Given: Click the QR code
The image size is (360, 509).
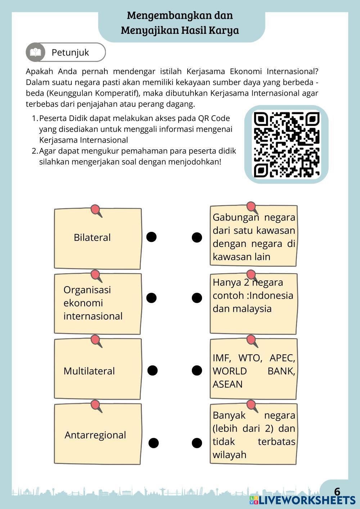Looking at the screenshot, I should pos(286,145).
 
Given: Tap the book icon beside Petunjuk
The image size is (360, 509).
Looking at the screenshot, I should pos(35,52).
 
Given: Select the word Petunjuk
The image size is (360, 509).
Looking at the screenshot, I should pos(70,53).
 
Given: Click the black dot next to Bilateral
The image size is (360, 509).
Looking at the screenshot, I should pos(152,237).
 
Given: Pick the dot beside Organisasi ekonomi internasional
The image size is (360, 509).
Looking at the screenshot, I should pos(152,298).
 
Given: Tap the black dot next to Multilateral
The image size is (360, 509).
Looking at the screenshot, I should pos(153,370).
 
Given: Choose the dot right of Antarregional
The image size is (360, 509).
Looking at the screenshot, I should pos(154,443).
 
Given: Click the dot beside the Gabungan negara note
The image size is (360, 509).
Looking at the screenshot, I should pos(197,238).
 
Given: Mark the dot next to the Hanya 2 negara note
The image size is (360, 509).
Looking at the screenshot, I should pos(197,298).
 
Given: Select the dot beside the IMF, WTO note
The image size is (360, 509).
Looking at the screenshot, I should pos(197,370).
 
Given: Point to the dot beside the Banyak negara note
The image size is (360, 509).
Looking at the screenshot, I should pos(197,443).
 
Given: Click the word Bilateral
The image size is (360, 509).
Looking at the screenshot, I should pos(92,238).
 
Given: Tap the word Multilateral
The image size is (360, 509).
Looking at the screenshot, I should pos(89,371).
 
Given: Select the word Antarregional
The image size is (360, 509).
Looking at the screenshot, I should pos(95,435).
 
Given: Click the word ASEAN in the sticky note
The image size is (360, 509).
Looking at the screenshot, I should pos(228,384).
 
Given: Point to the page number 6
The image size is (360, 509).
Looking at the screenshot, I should pos(337,492).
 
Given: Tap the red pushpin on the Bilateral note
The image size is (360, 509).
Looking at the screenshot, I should pos(95,210).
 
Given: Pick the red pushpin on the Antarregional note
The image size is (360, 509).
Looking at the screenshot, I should pos(95,405).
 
